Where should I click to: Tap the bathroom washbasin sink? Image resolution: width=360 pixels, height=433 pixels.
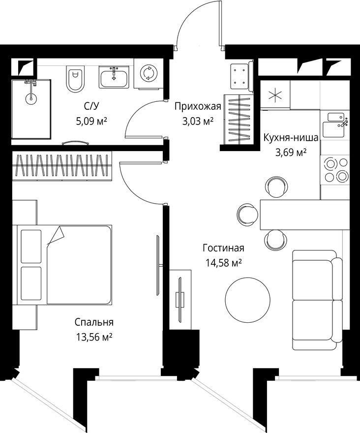point(115,78)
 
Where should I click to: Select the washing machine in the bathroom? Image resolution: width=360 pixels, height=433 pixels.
point(148,74)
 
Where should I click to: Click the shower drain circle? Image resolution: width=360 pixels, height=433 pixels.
point(30,98)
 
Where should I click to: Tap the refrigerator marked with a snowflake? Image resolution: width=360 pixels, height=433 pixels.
point(274,95)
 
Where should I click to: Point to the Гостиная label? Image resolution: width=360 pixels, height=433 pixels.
point(223,248)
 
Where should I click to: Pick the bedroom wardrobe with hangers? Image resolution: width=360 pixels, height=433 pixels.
point(62,165)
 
